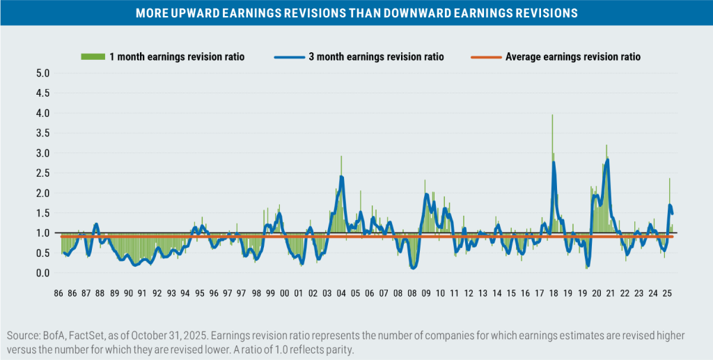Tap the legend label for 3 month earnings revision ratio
(376, 56)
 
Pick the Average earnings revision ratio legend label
(573, 56)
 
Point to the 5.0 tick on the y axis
(42, 73)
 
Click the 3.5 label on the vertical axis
(42, 133)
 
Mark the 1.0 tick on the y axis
(42, 233)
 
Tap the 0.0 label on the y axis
(42, 273)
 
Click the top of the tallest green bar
(552, 115)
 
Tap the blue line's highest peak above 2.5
(608, 160)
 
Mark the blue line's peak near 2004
(341, 177)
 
